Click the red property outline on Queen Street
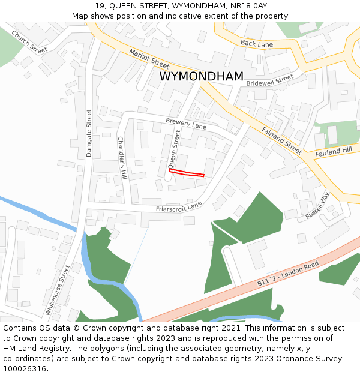tap(187, 173)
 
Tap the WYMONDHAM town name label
tap(202, 77)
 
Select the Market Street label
tap(149, 59)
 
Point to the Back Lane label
tap(256, 43)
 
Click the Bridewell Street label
tap(269, 81)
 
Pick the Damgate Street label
tap(89, 133)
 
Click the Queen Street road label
tap(174, 149)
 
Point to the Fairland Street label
tap(281, 140)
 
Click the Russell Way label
tap(317, 205)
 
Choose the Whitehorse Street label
tap(58, 290)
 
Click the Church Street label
tap(29, 41)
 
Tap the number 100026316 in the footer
tap(25, 369)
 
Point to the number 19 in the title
tap(99, 5)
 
